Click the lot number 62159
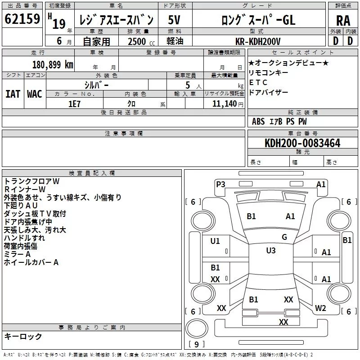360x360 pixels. tap(22, 19)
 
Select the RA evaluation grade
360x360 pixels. tap(343, 20)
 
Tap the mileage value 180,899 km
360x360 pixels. tap(52, 64)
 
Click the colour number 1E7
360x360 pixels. tap(74, 103)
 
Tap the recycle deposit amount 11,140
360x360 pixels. tap(224, 103)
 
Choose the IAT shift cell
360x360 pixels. tap(13, 94)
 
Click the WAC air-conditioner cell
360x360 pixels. tap(34, 94)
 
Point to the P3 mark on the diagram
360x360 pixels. tap(220, 184)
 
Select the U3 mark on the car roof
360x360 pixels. tap(270, 251)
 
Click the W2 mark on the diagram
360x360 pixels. tap(320, 308)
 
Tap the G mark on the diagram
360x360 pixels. tap(284, 237)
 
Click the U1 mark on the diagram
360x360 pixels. tap(215, 241)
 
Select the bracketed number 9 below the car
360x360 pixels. tap(196, 344)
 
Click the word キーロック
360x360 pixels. tap(23, 336)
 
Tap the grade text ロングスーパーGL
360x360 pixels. tap(258, 20)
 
